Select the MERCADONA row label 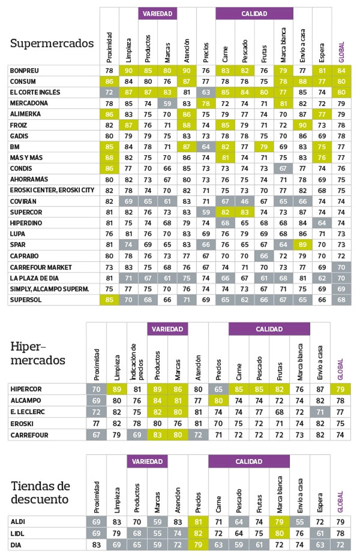(x=29, y=103)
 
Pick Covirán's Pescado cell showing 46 (x=245, y=202)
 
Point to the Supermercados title (x=52, y=43)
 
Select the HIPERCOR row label (x=26, y=389)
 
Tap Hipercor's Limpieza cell (x=116, y=389)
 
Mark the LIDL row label (x=17, y=533)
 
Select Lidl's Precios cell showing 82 (x=198, y=533)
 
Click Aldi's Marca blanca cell (x=280, y=522)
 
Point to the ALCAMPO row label (x=26, y=400)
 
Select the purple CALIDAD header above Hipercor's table (x=269, y=329)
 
